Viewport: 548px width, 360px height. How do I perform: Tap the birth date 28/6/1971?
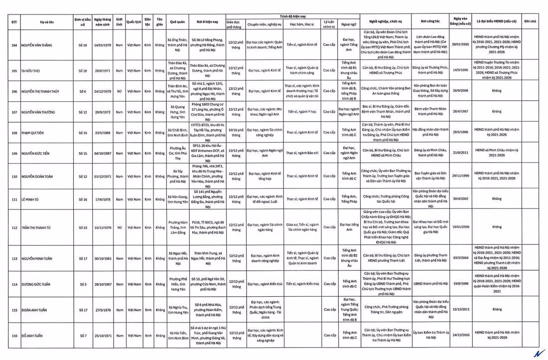click(x=102, y=71)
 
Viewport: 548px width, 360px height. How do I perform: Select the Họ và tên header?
click(x=48, y=22)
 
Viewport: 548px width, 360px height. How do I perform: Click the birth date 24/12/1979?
click(x=102, y=91)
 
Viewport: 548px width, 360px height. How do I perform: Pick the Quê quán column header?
click(x=177, y=22)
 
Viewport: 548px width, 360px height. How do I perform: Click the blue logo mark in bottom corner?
click(x=538, y=353)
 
